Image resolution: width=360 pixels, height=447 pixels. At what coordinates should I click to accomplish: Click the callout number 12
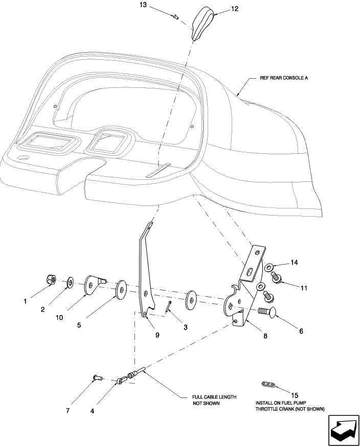pos(220,9)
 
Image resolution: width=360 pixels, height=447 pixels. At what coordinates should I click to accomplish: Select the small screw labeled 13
pos(175,18)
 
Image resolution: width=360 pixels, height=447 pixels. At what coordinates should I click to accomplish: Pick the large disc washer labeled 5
pos(121,290)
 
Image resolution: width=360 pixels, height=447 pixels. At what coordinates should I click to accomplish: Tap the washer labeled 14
pos(269,267)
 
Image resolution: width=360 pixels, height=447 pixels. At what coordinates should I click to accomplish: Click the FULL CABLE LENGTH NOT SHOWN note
pos(214,400)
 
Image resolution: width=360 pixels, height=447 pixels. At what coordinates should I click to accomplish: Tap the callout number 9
pos(157,335)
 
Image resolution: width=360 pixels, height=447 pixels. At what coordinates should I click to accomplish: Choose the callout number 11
pos(303,288)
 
